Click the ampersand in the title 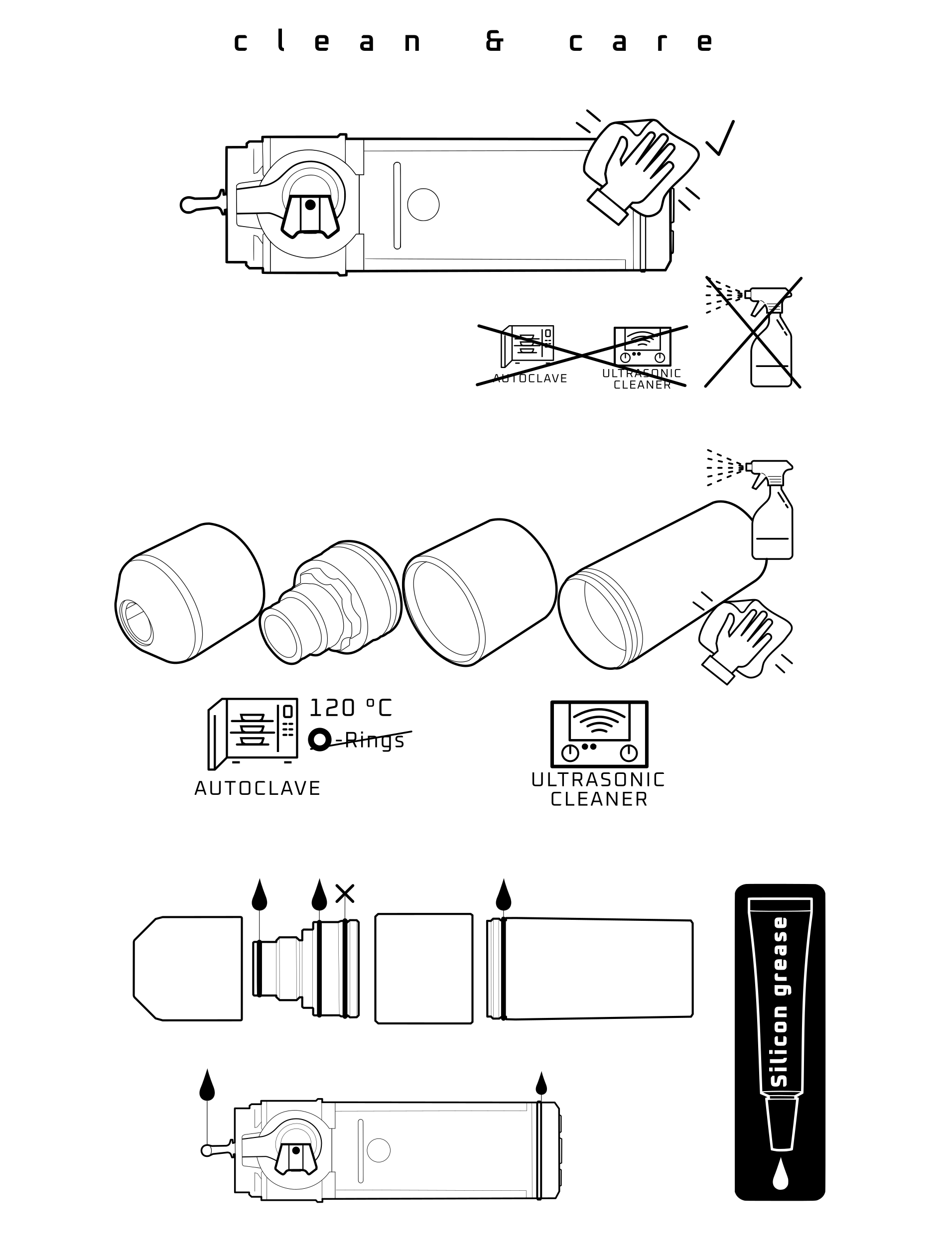tap(494, 41)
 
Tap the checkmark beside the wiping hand tap(720, 137)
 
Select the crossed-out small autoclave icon tap(527, 347)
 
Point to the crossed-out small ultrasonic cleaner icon tap(643, 346)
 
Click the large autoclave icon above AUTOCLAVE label tap(253, 734)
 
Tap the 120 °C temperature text tap(350, 708)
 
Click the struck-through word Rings tap(375, 741)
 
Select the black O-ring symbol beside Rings tap(319, 739)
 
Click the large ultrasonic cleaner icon tap(599, 734)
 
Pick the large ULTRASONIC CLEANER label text tap(598, 790)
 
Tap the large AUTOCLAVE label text tap(257, 788)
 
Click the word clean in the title tap(327, 41)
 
